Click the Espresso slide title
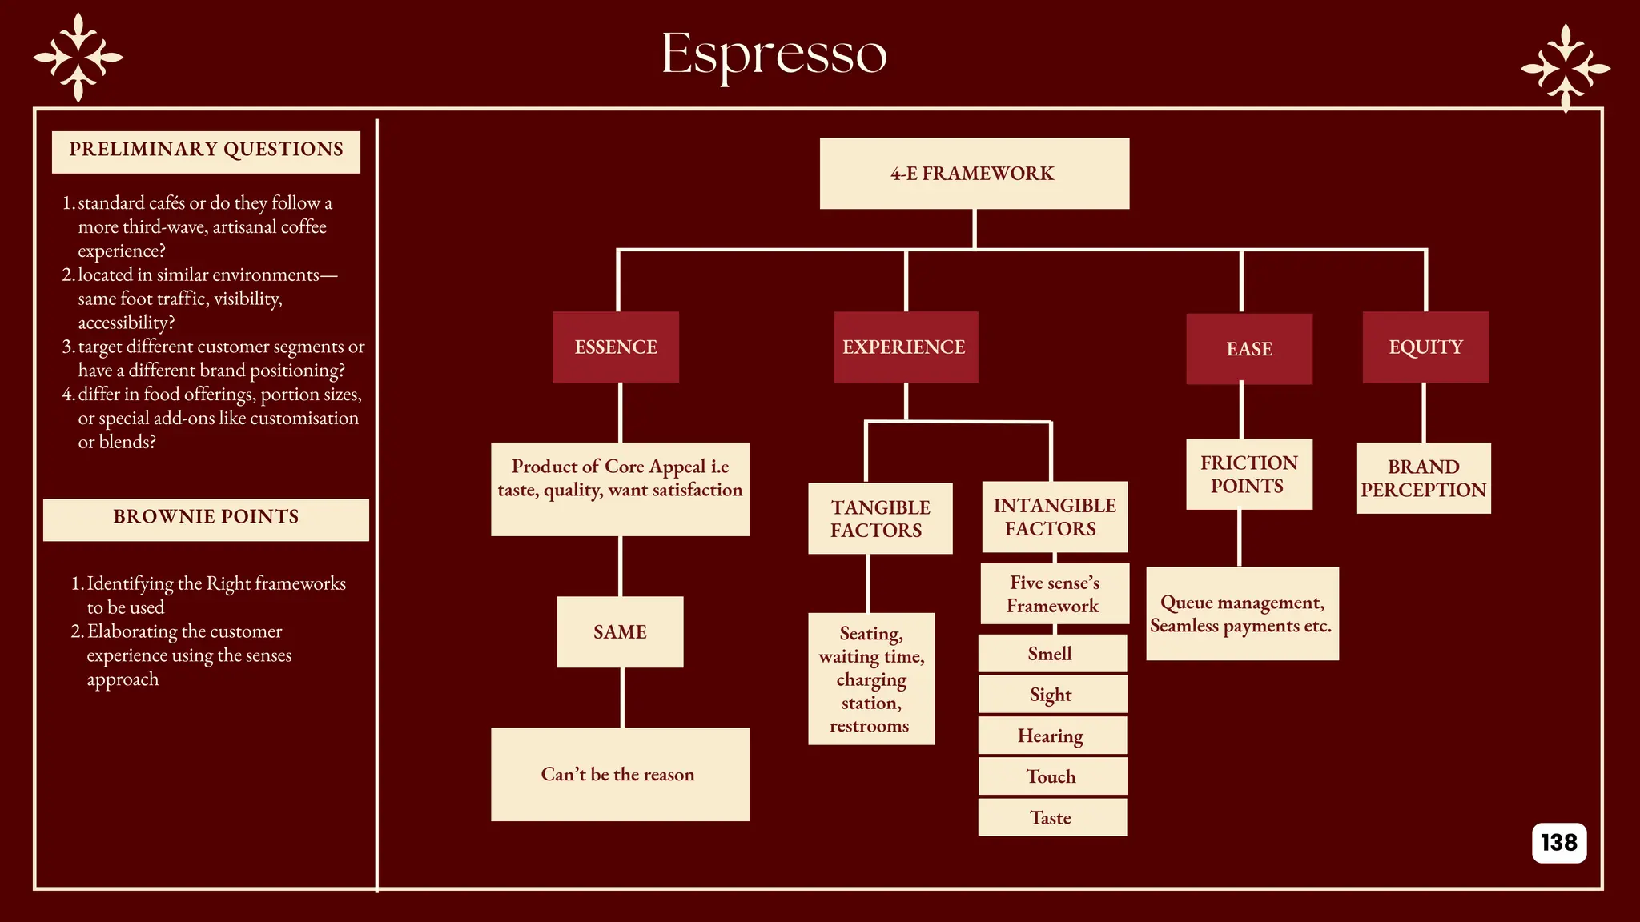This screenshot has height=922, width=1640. pos(774,54)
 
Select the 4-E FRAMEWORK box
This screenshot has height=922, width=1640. pos(974,174)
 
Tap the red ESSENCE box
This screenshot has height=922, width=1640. pos(616,347)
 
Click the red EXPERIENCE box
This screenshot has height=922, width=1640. pos(905,347)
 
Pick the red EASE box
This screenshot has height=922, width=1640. pos(1248,349)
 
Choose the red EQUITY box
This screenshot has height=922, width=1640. pos(1425,347)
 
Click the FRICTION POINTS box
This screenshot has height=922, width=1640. pos(1248,474)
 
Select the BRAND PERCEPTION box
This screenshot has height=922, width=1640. pos(1423,478)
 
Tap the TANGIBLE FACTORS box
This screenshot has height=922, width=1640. pos(880,519)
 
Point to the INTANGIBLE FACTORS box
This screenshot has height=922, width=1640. pos(1054,517)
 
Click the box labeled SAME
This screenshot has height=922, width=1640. pos(620,631)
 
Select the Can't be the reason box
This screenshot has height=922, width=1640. pos(620,774)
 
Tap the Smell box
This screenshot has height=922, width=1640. pos(1051,654)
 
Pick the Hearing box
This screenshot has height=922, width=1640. pos(1051,736)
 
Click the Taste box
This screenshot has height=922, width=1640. pos(1051,817)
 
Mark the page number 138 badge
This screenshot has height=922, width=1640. pos(1558,842)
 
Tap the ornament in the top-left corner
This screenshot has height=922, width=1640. pos(78,58)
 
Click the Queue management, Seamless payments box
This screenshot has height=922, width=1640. pos(1242,614)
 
